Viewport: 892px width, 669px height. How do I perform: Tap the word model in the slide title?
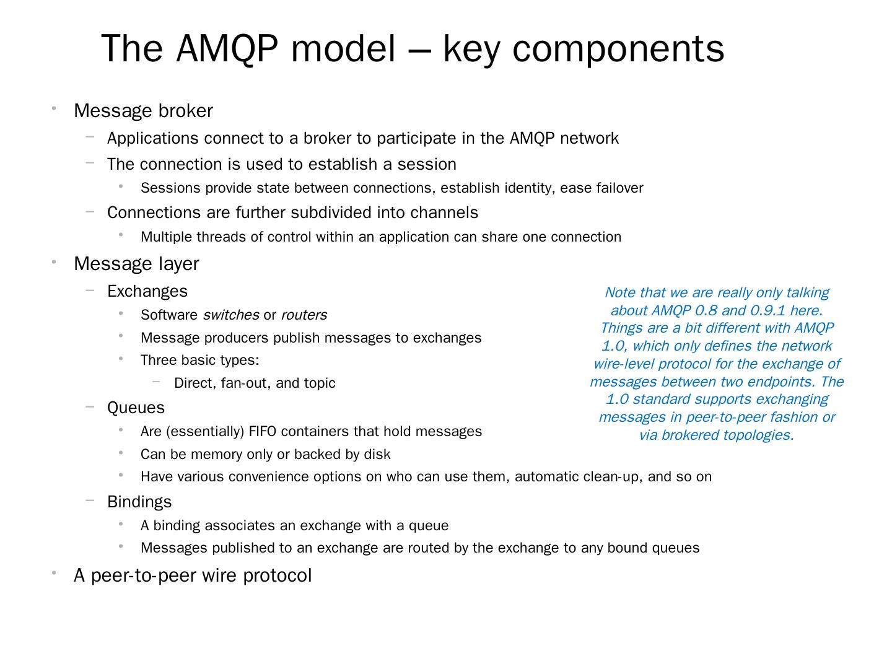click(343, 48)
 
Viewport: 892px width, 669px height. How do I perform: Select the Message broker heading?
click(143, 111)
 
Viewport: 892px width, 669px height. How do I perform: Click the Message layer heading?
click(136, 264)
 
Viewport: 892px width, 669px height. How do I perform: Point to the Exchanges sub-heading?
click(147, 291)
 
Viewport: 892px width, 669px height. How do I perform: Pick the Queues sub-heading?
click(136, 408)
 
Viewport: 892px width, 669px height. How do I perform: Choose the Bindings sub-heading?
click(139, 502)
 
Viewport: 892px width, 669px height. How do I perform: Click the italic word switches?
click(230, 315)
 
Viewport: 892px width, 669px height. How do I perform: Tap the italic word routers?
click(304, 315)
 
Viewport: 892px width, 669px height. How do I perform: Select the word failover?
click(619, 188)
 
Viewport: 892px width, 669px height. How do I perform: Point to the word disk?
click(377, 455)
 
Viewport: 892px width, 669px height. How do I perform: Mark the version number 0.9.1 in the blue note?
click(767, 310)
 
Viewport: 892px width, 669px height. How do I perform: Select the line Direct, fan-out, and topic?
click(255, 383)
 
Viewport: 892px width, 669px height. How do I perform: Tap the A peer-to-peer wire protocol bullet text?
click(193, 575)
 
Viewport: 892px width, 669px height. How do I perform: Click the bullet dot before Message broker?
click(55, 109)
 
